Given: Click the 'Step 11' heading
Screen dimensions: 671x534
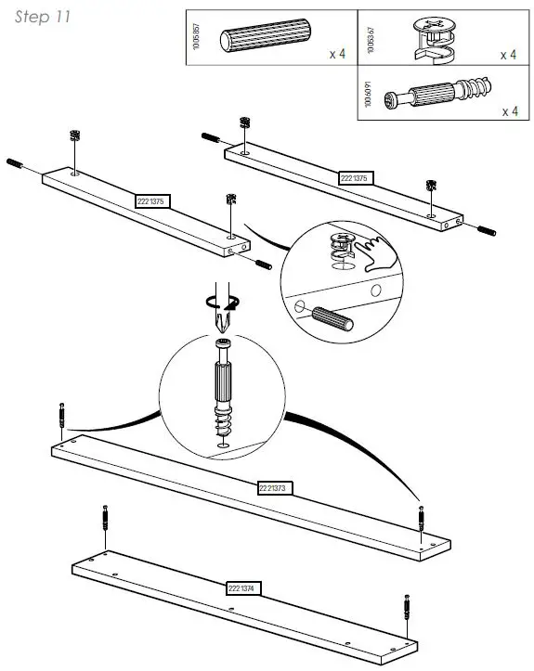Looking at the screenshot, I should click(42, 18).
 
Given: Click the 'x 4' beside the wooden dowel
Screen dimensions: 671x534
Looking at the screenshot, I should click(336, 55).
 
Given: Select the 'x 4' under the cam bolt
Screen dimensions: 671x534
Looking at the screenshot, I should click(509, 112).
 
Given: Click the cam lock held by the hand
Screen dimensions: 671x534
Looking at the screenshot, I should click(341, 246).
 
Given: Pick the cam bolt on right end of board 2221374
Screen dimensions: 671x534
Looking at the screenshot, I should click(407, 610).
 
